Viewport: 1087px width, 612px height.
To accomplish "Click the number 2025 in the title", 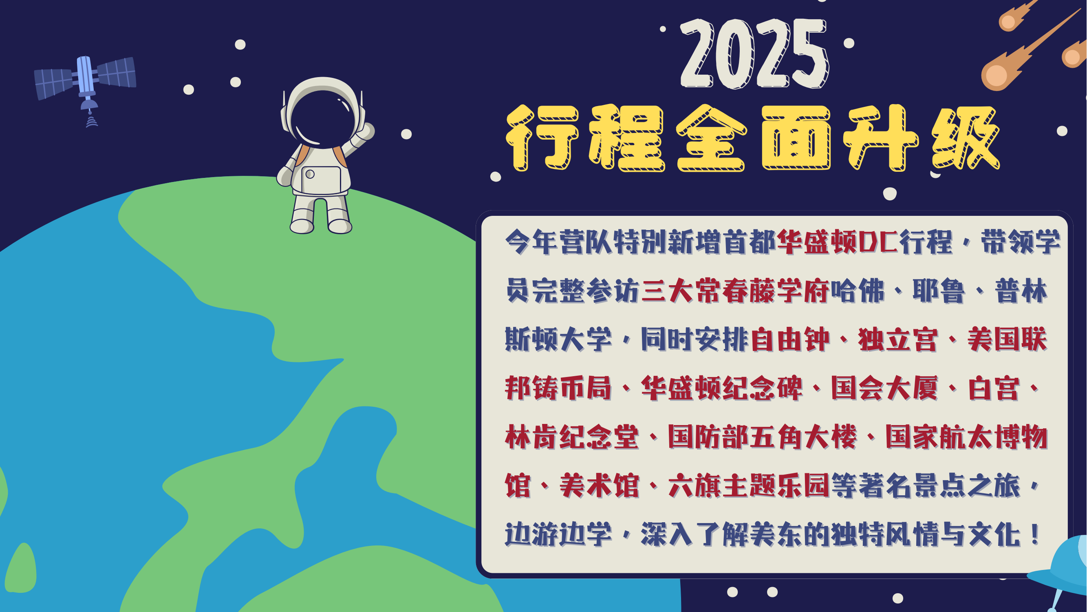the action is [754, 53].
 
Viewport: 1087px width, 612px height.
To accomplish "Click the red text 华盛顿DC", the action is [837, 242].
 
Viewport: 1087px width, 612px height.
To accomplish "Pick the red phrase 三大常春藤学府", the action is [736, 291].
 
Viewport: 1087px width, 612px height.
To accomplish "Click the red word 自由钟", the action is [790, 339].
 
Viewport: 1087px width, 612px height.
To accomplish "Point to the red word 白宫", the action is [994, 388].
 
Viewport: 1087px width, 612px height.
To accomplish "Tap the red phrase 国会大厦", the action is [885, 388].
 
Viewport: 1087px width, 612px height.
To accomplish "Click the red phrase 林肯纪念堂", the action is [572, 437].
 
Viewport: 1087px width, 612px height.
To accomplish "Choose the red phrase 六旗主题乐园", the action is [750, 486].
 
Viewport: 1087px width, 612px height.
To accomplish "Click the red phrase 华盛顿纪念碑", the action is [721, 388].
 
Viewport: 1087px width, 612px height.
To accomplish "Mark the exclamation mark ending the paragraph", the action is [1035, 534].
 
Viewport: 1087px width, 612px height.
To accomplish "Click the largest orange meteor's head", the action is [995, 76].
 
